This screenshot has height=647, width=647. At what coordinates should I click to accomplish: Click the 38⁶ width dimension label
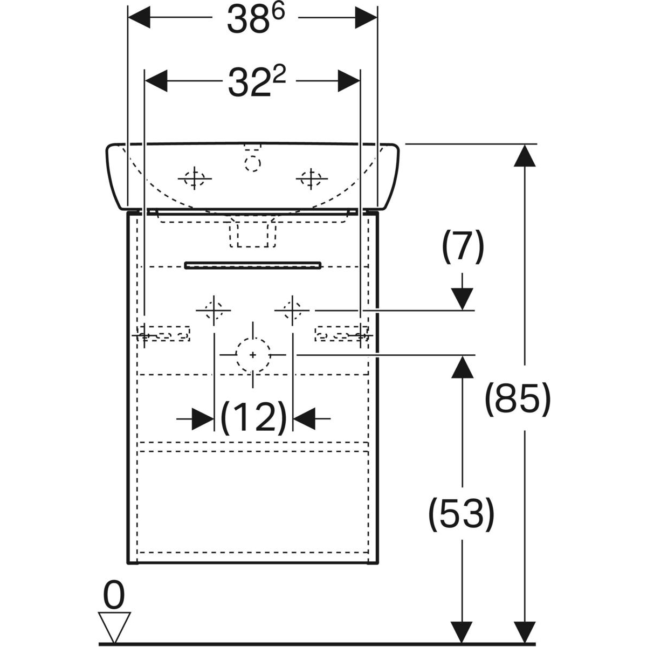[248, 19]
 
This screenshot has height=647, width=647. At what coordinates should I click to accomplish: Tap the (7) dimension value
[463, 249]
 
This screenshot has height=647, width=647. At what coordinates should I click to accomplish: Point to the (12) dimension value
[253, 417]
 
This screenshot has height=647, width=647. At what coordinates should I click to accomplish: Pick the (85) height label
[518, 400]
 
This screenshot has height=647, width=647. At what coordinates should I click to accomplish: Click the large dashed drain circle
[253, 355]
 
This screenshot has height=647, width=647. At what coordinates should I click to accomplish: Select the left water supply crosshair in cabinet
[214, 311]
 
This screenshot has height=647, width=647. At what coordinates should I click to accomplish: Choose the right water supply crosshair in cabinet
[292, 311]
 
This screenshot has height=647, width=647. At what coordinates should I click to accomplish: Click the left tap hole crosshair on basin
[194, 178]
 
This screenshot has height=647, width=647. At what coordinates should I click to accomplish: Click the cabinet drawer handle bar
[253, 265]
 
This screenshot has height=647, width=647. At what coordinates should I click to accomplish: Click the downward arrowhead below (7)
[463, 298]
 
